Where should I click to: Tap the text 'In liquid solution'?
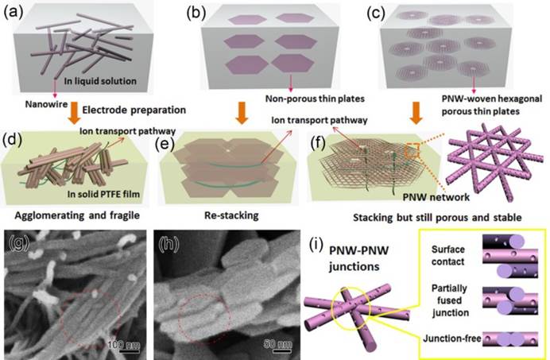coord(100,81)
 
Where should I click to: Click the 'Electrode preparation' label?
coord(134,110)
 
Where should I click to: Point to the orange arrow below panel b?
coord(242,113)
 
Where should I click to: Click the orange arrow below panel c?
coord(416,113)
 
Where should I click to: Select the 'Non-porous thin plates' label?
coord(315,99)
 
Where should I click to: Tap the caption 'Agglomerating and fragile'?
coord(77,215)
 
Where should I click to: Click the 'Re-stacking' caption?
coord(231,215)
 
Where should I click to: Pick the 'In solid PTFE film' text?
coord(103,194)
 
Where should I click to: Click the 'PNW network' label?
coord(436,197)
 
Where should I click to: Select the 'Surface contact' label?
coord(448,255)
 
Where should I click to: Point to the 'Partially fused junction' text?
coord(450,300)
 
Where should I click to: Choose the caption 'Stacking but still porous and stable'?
coord(437,218)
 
